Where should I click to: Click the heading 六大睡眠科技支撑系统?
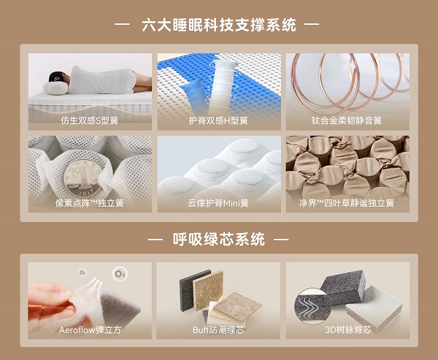coord(219,25)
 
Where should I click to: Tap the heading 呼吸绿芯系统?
coord(219,240)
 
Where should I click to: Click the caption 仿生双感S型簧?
coord(90,120)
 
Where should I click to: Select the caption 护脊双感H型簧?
coord(218,120)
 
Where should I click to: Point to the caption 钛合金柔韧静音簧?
coord(347,120)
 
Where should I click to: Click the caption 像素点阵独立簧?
coord(90,203)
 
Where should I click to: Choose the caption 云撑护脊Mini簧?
coord(218,203)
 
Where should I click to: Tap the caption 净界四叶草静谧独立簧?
coord(347,203)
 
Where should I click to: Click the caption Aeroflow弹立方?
coord(90,330)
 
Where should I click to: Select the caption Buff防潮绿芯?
coord(218,330)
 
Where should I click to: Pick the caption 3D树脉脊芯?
coord(348,330)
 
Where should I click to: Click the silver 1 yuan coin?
coord(82,178)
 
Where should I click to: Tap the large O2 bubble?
coord(120,274)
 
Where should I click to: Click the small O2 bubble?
coord(82,272)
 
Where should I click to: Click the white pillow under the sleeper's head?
coord(55,88)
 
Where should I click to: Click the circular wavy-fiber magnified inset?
coord(312,306)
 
